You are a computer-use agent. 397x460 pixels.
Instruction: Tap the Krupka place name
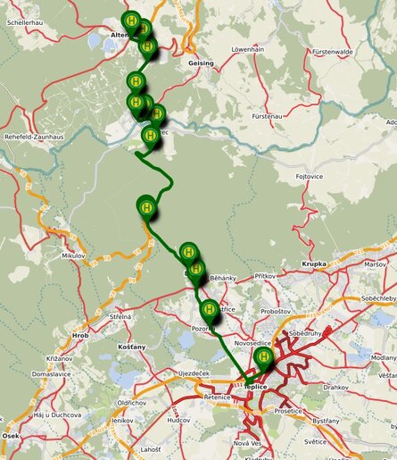point(314,264)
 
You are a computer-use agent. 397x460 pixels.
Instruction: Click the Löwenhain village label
point(250,51)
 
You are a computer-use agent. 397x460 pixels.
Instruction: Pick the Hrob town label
point(80,336)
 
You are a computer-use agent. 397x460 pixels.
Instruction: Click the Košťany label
point(131,346)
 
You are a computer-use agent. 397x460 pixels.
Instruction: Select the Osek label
point(11,435)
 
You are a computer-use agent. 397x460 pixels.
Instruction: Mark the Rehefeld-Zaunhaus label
point(36,137)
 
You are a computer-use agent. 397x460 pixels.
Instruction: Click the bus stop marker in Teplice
point(263,358)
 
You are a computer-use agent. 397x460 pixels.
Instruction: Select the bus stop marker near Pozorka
point(210,310)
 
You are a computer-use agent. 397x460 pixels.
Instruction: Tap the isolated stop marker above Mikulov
point(145,206)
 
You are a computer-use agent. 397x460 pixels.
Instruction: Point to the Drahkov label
point(336,388)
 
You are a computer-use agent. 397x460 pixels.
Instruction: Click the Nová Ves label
point(246,443)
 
